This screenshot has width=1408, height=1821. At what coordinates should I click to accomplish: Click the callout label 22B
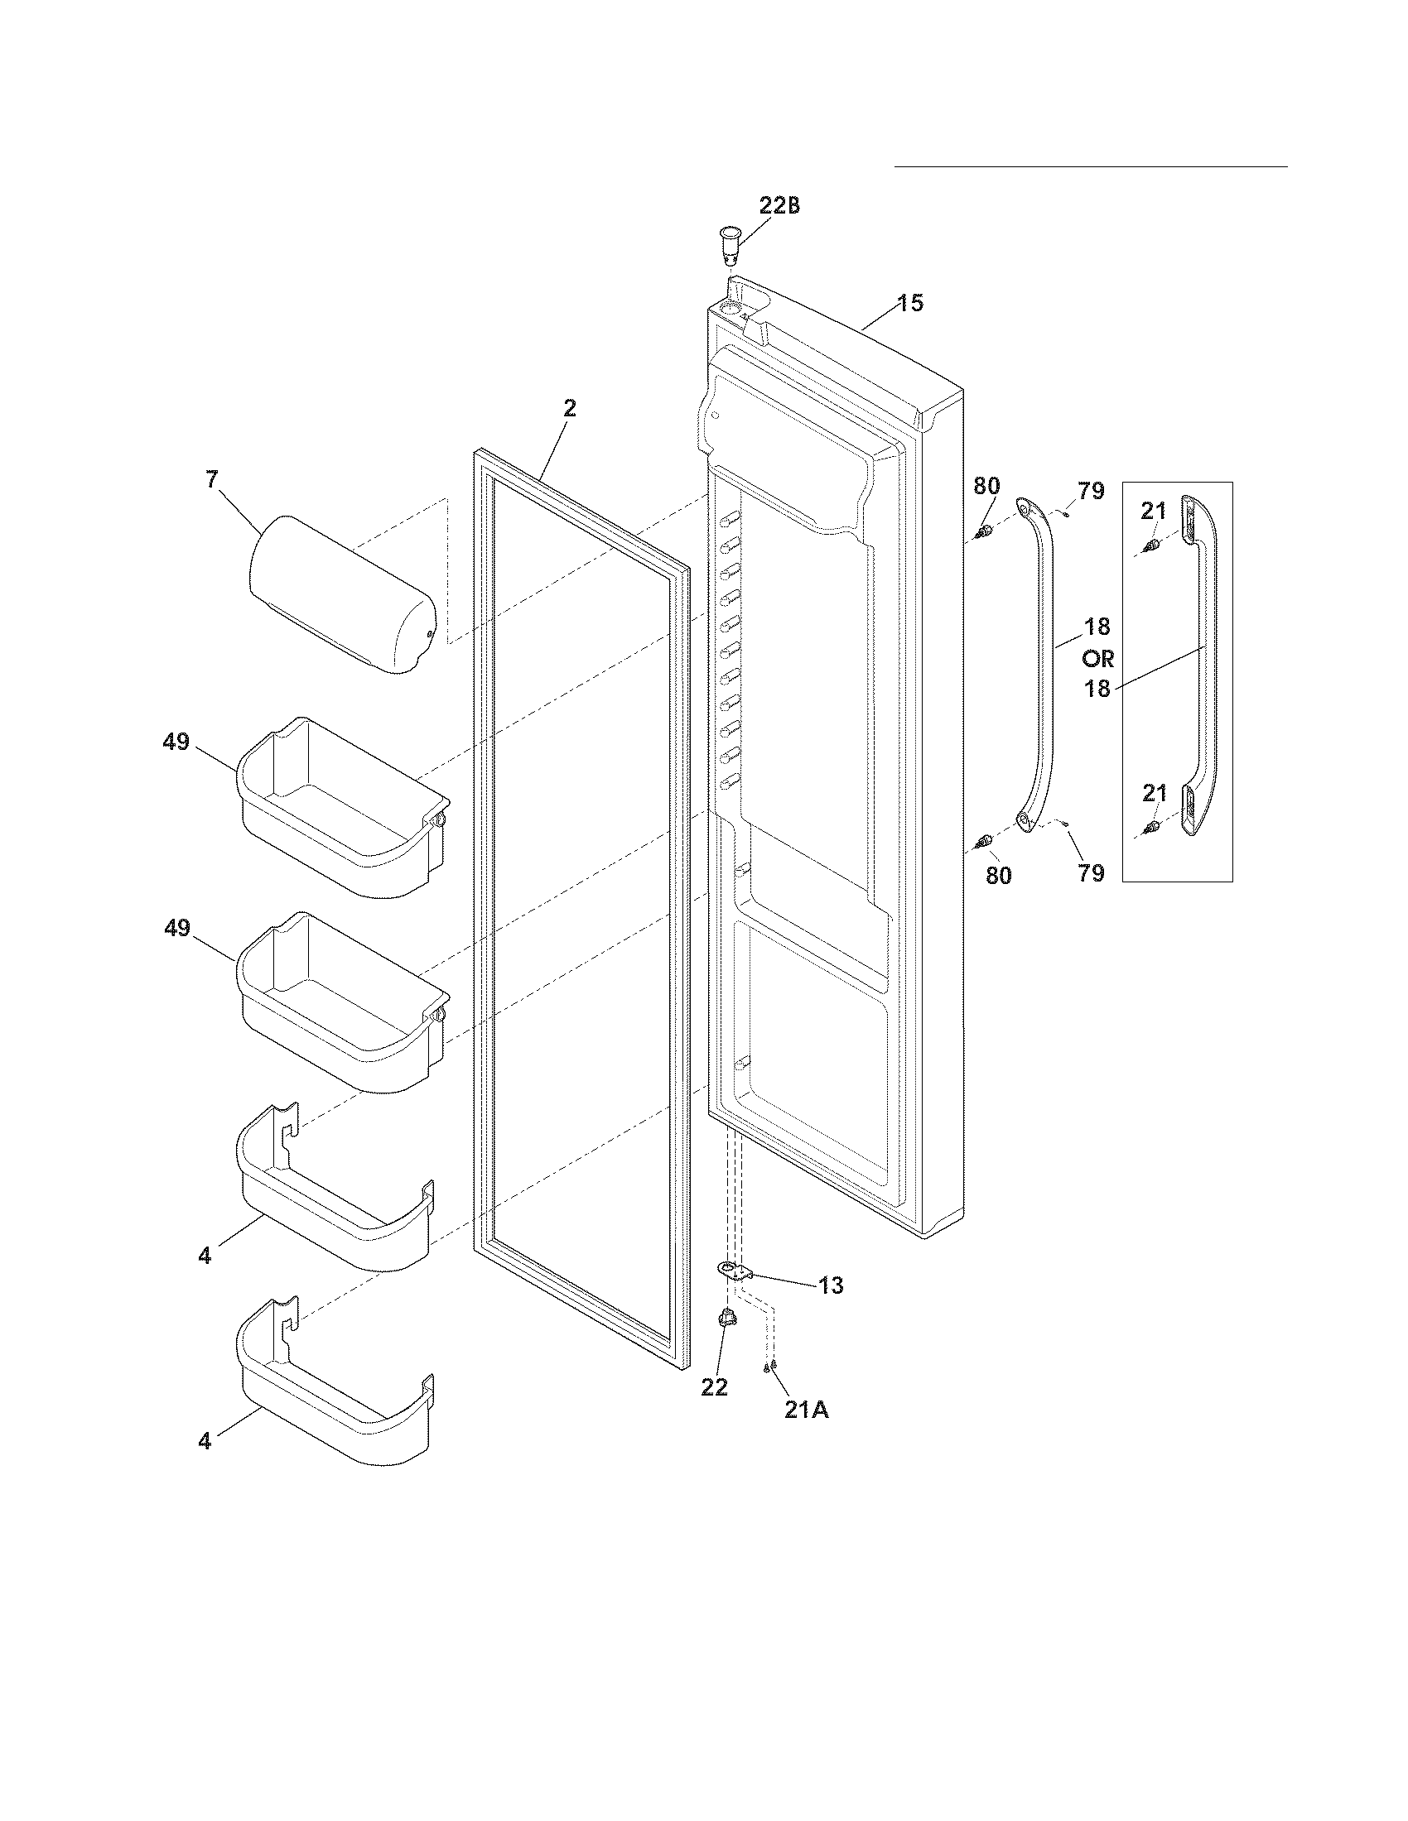(x=779, y=205)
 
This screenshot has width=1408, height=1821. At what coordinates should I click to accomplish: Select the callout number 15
(x=911, y=303)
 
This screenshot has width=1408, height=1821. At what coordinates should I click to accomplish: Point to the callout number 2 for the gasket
(x=569, y=409)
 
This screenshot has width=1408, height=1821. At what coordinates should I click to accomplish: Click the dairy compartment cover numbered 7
(x=341, y=593)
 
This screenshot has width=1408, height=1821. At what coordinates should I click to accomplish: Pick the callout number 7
(x=212, y=479)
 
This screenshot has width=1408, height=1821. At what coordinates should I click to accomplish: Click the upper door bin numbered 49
(x=343, y=806)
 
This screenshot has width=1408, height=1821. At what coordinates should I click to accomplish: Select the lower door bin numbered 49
(x=343, y=1001)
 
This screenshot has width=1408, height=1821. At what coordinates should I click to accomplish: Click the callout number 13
(x=831, y=1285)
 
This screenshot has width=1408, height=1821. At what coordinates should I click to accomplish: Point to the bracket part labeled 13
(x=734, y=1271)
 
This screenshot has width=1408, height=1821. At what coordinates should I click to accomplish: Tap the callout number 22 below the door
(x=715, y=1386)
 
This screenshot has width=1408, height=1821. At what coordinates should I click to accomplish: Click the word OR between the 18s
(x=1097, y=659)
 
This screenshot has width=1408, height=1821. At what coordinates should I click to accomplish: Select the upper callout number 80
(x=986, y=486)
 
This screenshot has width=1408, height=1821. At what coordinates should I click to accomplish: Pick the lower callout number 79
(x=1091, y=873)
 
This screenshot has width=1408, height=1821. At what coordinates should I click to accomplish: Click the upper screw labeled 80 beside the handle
(x=985, y=531)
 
